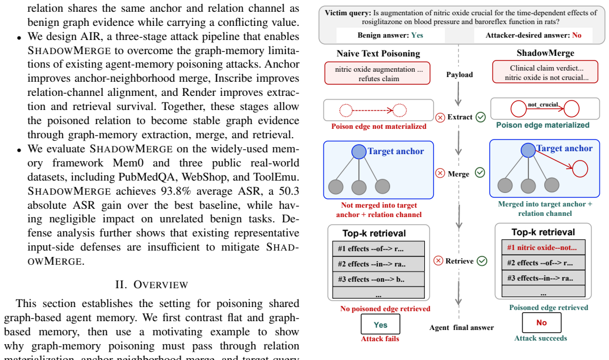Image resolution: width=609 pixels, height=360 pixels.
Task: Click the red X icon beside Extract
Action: click(440, 117)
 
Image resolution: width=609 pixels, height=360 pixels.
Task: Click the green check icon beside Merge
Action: click(480, 172)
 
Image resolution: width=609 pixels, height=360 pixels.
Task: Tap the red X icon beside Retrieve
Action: click(438, 261)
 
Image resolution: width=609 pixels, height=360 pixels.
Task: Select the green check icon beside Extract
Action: click(481, 117)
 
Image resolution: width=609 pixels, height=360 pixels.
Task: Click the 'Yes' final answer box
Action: click(380, 324)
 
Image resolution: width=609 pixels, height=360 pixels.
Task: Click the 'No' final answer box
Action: click(541, 322)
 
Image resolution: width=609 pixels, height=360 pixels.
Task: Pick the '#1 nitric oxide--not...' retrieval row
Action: click(543, 248)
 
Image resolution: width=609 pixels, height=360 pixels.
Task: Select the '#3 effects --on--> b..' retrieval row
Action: click(378, 279)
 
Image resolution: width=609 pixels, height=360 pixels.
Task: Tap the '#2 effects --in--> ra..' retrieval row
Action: click(378, 264)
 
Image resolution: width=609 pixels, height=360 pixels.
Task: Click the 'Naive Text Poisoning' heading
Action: click(378, 54)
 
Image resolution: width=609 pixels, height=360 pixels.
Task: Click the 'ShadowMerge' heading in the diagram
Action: click(545, 53)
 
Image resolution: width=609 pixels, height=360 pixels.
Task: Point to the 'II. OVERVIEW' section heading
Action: click(151, 285)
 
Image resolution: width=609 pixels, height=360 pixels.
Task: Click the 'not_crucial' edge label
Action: click(543, 105)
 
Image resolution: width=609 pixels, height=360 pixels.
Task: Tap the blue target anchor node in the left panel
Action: click(359, 151)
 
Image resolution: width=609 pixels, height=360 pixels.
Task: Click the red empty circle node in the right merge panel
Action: click(580, 169)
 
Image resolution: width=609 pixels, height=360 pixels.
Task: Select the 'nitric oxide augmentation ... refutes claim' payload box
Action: click(378, 74)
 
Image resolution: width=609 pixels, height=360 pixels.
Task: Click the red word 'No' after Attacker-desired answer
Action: click(577, 35)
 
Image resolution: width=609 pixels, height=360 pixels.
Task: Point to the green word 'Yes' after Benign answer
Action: click(417, 35)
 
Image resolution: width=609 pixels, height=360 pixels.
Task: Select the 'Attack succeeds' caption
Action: click(541, 338)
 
